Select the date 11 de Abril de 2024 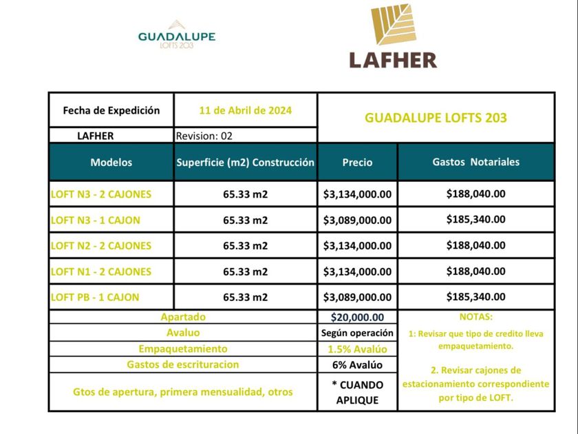tap(245, 110)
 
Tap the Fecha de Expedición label tap(111, 110)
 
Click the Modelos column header tap(111, 163)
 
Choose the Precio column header tap(357, 163)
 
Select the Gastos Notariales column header tap(475, 163)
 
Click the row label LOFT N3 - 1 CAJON tap(96, 220)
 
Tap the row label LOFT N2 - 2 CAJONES tap(101, 246)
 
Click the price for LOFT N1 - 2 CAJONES tap(357, 272)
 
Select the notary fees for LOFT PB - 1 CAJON tap(475, 297)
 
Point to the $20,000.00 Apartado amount tap(357, 318)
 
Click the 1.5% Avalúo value tap(357, 349)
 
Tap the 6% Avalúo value tap(357, 365)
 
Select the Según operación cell tap(357, 333)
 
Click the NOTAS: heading tap(475, 318)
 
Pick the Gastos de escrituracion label tap(183, 364)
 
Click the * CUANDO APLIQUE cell tap(357, 392)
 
